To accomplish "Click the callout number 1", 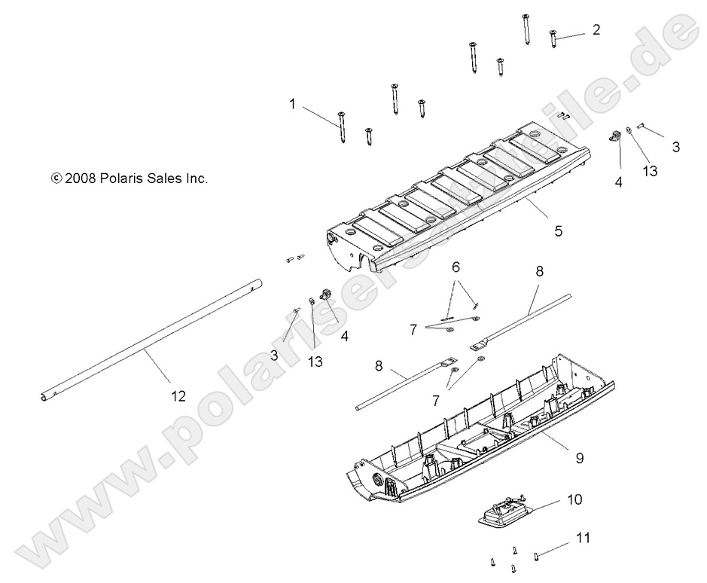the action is (292, 104).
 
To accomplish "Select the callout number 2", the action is (596, 30).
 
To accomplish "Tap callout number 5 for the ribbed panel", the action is (559, 231).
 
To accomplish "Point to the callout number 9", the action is (580, 458).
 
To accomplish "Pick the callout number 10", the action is (575, 499).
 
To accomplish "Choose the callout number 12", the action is (178, 396).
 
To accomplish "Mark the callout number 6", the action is (456, 267).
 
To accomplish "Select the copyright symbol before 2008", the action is (56, 179).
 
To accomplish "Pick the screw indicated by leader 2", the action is (553, 39).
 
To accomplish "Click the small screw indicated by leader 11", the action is (535, 557).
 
